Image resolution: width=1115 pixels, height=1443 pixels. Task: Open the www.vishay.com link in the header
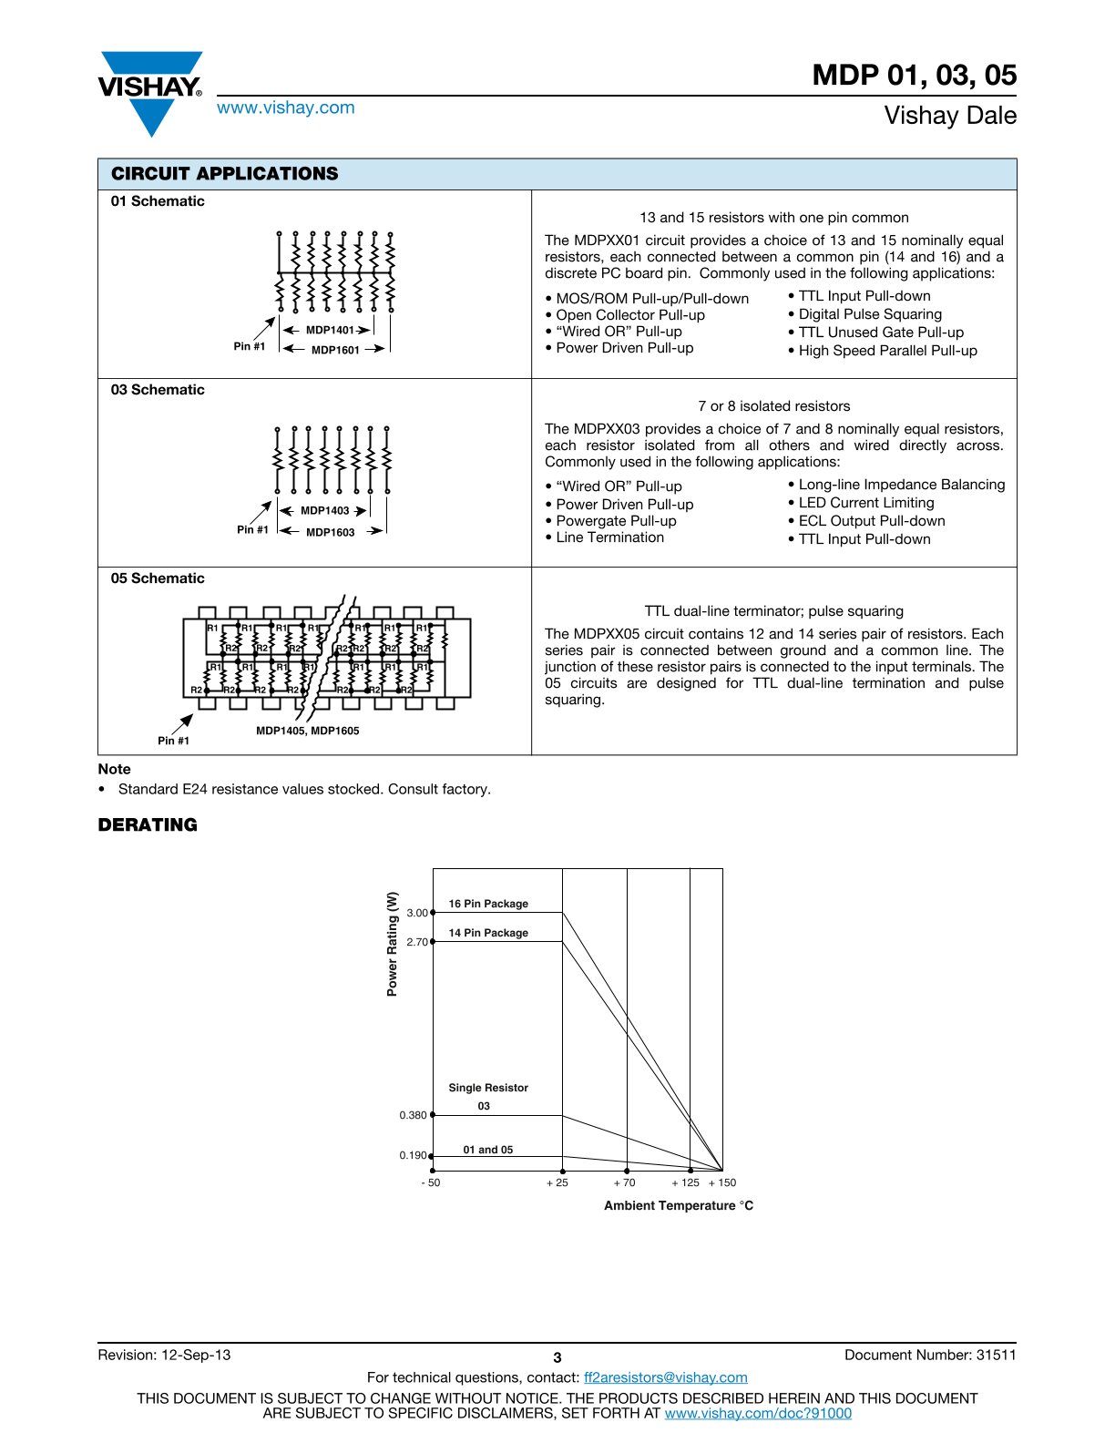[x=285, y=107]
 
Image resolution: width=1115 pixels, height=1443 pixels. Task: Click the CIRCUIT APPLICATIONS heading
[x=224, y=174]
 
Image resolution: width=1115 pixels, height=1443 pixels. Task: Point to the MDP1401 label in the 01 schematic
[x=329, y=331]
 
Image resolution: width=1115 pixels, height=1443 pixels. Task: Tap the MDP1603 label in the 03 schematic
[x=330, y=532]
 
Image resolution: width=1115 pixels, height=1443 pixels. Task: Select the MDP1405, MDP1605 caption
[x=307, y=731]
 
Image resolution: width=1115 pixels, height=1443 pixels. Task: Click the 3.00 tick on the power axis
[x=417, y=913]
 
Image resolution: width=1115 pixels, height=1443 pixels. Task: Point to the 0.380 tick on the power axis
[x=413, y=1115]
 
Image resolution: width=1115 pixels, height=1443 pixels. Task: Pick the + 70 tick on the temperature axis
[x=624, y=1182]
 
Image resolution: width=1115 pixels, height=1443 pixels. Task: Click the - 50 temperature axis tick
[x=430, y=1182]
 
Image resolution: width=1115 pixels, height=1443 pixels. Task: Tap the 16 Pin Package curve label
[x=488, y=904]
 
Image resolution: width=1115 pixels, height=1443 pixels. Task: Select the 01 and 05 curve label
[x=487, y=1150]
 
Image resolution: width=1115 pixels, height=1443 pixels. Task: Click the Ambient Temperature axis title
[x=679, y=1205]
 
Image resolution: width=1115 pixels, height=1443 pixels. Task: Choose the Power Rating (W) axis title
[x=393, y=944]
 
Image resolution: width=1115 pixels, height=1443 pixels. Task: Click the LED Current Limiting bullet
[x=865, y=503]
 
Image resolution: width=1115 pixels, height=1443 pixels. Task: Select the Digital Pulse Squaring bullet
[x=869, y=314]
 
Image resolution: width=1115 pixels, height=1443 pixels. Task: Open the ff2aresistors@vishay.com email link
[x=665, y=1377]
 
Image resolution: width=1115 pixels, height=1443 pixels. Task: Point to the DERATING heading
[x=148, y=824]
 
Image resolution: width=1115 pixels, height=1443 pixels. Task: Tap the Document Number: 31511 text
[x=930, y=1355]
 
